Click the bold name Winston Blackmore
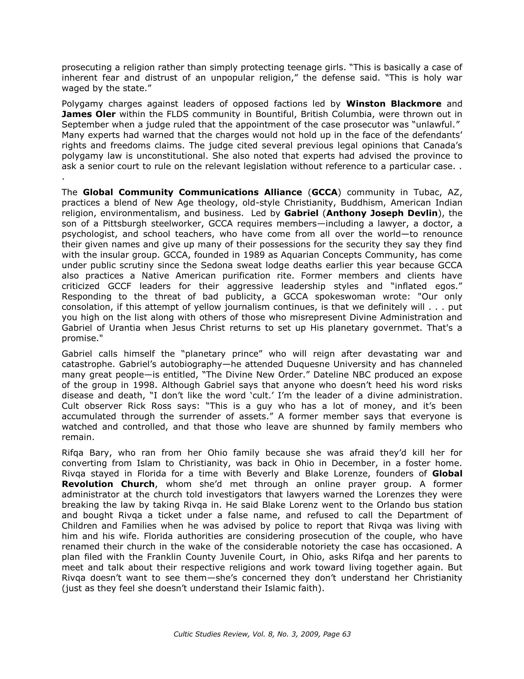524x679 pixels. pyautogui.click(x=394, y=104)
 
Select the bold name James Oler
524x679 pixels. pyautogui.click(x=88, y=114)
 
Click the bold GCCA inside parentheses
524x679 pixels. pyautogui.click(x=324, y=192)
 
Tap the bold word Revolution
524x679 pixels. pyautogui.click(x=87, y=484)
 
